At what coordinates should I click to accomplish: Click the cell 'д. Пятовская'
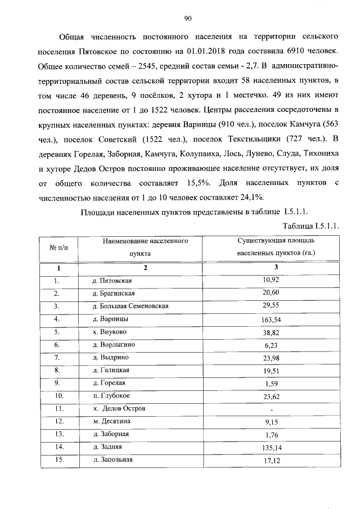pyautogui.click(x=112, y=280)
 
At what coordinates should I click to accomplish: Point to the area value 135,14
pyautogui.click(x=275, y=448)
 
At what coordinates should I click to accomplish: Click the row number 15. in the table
pyautogui.click(x=57, y=460)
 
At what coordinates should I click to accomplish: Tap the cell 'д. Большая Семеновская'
pyautogui.click(x=130, y=306)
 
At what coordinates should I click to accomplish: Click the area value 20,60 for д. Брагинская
pyautogui.click(x=275, y=293)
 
